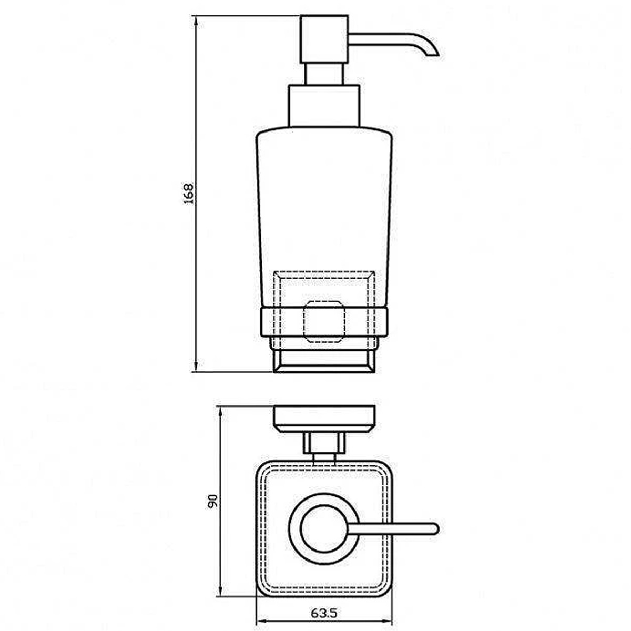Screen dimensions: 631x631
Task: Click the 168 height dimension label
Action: pos(189,194)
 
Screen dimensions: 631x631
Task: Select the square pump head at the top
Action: pos(324,39)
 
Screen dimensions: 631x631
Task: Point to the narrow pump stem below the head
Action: pos(324,74)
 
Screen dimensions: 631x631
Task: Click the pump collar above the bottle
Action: pos(324,106)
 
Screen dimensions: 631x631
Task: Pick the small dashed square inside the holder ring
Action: pos(324,322)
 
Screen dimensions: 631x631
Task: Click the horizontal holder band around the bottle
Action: pos(324,322)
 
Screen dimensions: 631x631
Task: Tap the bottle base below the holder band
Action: pos(324,361)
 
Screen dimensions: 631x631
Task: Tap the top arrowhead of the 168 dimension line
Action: pos(196,21)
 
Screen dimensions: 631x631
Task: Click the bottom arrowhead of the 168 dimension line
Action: pos(196,366)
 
